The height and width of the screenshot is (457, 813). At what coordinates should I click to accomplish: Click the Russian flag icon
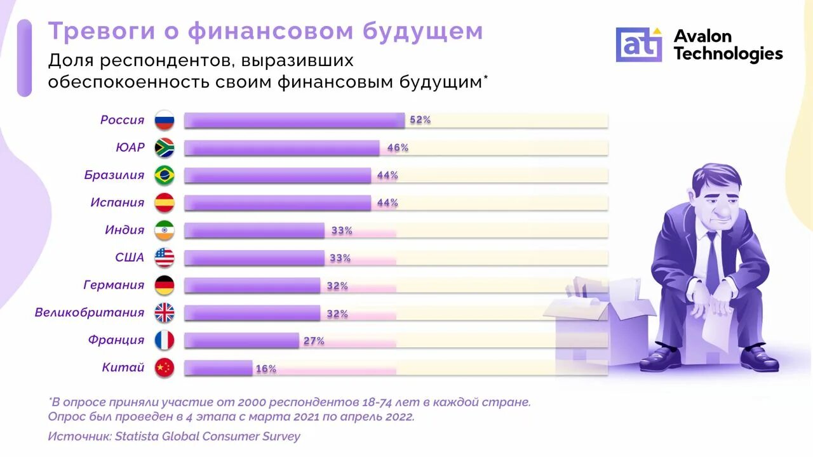pos(165,120)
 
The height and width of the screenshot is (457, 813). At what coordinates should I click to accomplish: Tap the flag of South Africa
pos(165,148)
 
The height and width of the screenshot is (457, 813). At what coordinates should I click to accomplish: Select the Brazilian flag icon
pos(165,175)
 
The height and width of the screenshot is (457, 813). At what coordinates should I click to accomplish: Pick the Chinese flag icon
pos(165,368)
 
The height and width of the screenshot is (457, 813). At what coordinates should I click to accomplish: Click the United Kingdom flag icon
pos(165,313)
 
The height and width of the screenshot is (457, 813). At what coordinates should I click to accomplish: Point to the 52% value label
pos(420,120)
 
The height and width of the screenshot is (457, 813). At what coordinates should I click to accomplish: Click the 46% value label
pos(398,148)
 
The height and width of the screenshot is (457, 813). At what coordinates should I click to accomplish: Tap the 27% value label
pos(314,341)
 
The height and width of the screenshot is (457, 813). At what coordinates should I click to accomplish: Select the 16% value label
pos(265,369)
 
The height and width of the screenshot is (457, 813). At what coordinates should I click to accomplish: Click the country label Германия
pos(114,285)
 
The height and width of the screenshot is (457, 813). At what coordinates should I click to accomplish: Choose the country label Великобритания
pos(90,313)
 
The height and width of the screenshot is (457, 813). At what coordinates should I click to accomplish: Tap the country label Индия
pos(124,230)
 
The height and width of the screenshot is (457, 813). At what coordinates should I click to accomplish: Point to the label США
pos(130,258)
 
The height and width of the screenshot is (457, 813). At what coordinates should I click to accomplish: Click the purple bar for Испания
pos(278,203)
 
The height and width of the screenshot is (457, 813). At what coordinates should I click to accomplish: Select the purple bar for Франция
pos(241,341)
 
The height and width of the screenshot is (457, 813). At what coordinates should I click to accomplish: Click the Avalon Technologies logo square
pos(638,44)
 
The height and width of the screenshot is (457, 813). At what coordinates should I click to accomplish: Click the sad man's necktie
pos(713,260)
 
